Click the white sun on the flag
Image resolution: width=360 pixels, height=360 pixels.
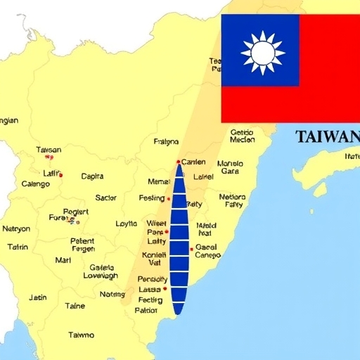(262, 52)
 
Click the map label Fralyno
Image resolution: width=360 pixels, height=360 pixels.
(166, 141)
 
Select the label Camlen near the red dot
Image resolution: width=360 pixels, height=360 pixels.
(193, 162)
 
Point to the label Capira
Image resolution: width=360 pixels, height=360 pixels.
(92, 176)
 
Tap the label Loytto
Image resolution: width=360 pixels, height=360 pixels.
(127, 224)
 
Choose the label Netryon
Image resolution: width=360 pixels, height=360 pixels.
(16, 229)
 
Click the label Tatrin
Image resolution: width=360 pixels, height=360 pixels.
(18, 247)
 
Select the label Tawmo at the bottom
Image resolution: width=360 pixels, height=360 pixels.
(81, 335)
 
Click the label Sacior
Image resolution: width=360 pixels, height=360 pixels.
(106, 198)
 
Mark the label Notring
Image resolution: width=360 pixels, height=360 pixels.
(112, 295)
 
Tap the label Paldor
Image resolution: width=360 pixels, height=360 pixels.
(146, 310)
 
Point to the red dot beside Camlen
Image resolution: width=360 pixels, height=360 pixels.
(179, 162)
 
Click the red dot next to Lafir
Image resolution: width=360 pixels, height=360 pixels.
(61, 175)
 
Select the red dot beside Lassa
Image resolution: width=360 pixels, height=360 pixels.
(165, 288)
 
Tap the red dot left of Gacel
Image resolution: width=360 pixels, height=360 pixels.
(191, 249)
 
